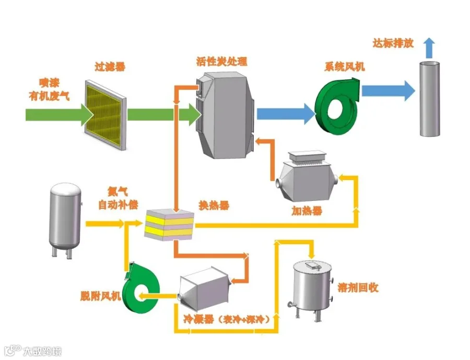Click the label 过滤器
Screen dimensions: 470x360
tap(110, 66)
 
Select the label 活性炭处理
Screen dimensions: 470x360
tap(222, 62)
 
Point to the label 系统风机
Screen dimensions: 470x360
tap(345, 66)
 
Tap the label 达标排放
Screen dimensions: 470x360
tap(393, 43)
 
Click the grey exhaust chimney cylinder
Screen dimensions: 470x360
tap(430, 99)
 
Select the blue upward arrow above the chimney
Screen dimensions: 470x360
tap(430, 48)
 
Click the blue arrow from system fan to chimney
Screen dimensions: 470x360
tap(389, 90)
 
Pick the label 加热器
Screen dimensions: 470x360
tap(307, 211)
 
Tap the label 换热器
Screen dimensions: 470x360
tap(214, 206)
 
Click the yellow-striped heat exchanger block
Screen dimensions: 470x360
tap(169, 225)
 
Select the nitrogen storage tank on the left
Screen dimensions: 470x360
tap(65, 220)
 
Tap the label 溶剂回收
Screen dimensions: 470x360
tap(358, 287)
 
